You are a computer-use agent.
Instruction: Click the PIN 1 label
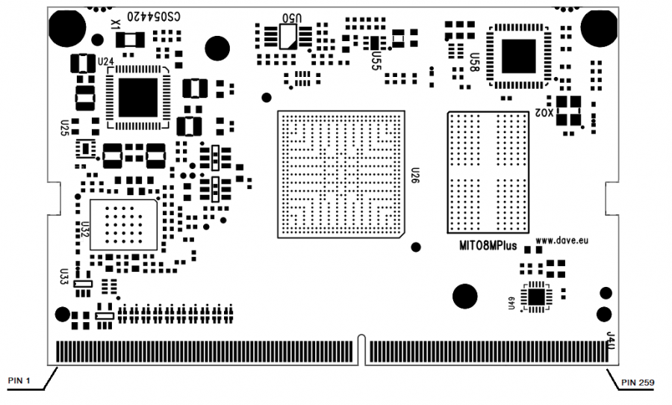click(x=19, y=381)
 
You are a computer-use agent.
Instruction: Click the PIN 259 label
click(x=639, y=383)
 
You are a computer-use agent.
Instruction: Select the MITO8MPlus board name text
click(x=488, y=246)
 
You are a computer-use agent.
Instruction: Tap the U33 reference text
click(x=64, y=277)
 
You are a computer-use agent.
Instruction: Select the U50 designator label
click(x=293, y=16)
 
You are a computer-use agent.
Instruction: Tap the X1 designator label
click(x=115, y=25)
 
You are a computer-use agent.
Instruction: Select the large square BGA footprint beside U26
click(x=340, y=174)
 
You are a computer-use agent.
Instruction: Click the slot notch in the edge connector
click(x=362, y=352)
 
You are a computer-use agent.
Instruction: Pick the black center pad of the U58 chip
click(x=518, y=56)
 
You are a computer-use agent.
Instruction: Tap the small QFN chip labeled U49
click(x=535, y=296)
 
